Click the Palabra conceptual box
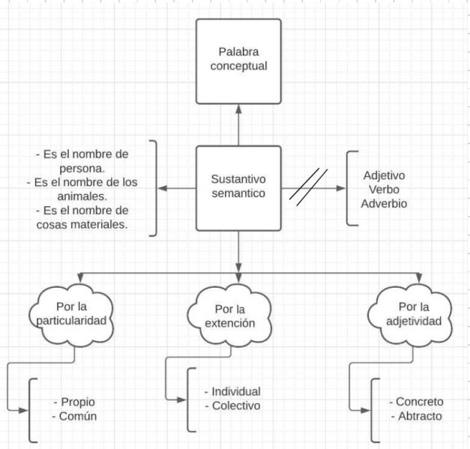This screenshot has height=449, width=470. pyautogui.click(x=238, y=61)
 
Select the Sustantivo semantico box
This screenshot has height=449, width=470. pyautogui.click(x=238, y=188)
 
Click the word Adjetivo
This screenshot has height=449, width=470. pyautogui.click(x=385, y=175)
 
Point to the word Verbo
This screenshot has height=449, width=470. pyautogui.click(x=385, y=190)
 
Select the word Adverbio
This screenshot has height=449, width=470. pyautogui.click(x=385, y=204)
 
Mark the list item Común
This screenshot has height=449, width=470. pyautogui.click(x=77, y=415)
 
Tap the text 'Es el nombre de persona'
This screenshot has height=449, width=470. pyautogui.click(x=82, y=161)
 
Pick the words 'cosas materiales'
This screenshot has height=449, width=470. pyautogui.click(x=83, y=225)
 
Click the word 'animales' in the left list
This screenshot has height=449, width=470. pyautogui.click(x=83, y=196)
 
